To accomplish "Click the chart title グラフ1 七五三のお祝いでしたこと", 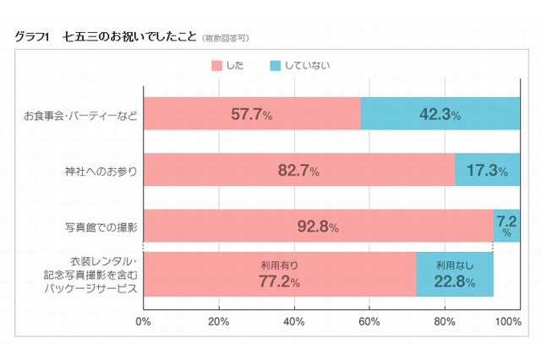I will click(x=106, y=37).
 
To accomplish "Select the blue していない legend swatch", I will click(x=276, y=65).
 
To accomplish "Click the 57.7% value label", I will click(x=252, y=114).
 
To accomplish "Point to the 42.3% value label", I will click(x=440, y=114).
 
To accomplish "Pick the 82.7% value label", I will click(x=298, y=171).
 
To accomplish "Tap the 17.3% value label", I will click(x=487, y=171).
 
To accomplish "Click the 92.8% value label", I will click(x=318, y=226).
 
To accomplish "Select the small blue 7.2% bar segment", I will click(x=506, y=226).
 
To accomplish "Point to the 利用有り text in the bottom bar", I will click(x=279, y=265).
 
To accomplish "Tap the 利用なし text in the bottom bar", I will click(x=454, y=265).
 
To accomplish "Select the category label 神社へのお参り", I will click(x=101, y=171).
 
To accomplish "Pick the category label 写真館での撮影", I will click(x=101, y=227).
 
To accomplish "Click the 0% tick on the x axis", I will click(x=143, y=322).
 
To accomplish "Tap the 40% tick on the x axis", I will click(x=294, y=322).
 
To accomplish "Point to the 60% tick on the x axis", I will click(x=369, y=322).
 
